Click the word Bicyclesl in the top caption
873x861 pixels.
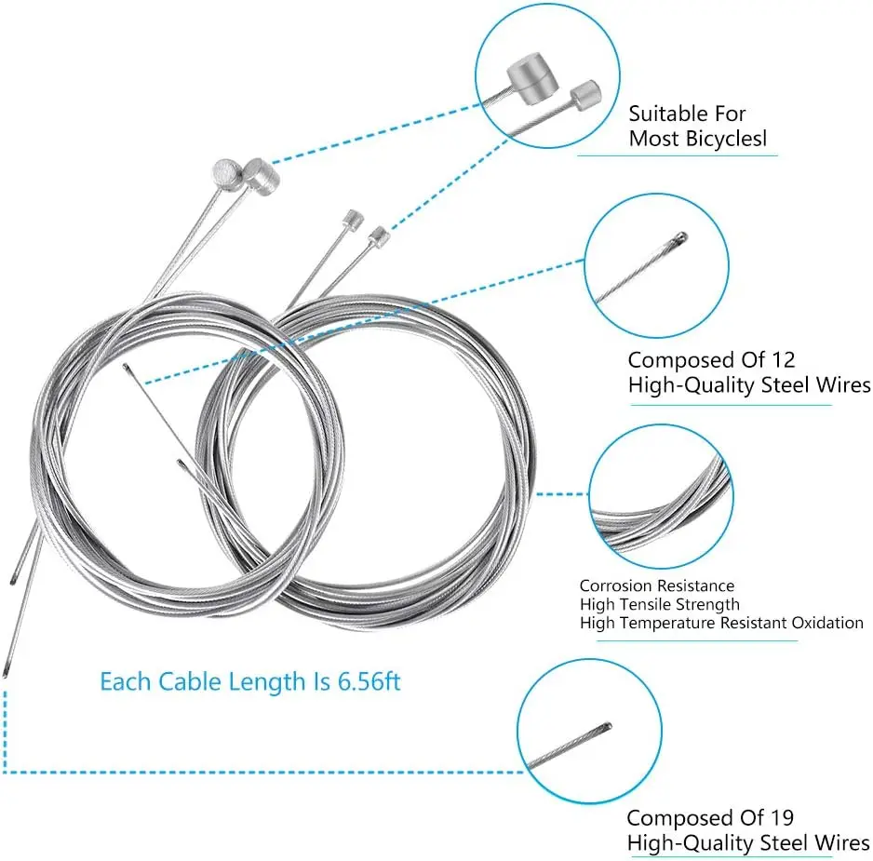[x=732, y=140]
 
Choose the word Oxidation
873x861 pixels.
[x=827, y=623]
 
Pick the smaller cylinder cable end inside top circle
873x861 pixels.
[x=584, y=94]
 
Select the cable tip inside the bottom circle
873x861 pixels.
[x=607, y=726]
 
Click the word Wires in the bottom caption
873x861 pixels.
[x=840, y=844]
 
